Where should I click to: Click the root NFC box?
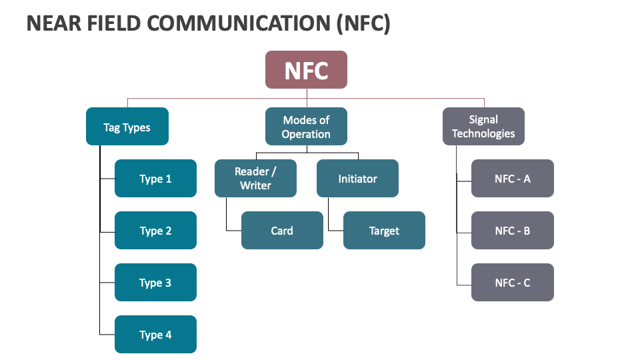pos(306,70)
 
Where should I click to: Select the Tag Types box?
pos(127,127)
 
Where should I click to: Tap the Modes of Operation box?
pos(306,127)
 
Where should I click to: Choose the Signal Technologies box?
pos(483,127)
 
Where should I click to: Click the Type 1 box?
pos(155,179)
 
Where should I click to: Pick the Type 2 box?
pos(155,231)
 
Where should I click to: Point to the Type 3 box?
pos(155,283)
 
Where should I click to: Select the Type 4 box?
pos(155,335)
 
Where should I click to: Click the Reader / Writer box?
pos(255,179)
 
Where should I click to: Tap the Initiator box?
pos(357,179)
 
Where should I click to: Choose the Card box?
pos(282,231)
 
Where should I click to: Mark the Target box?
pos(384,231)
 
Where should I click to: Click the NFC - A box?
pos(512,179)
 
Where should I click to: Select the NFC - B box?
pos(512,231)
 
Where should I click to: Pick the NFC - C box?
pos(512,283)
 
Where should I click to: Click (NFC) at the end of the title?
pos(363,23)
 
